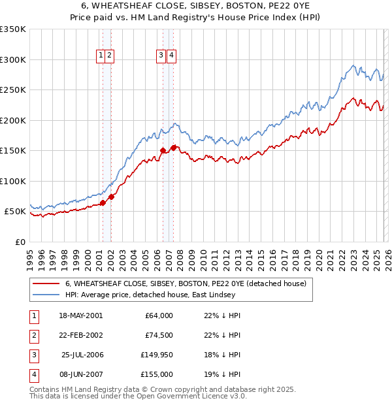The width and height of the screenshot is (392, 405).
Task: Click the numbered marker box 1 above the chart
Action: click(101, 56)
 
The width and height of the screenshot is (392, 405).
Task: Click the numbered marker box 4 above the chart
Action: click(171, 56)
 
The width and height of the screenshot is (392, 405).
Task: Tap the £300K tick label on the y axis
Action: click(13, 59)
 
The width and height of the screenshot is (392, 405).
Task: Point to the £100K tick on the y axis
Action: click(13, 181)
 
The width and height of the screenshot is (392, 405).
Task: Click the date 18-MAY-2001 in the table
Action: click(80, 316)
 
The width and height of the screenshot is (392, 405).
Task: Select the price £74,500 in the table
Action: click(159, 335)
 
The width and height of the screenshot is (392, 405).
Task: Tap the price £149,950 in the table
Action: click(157, 355)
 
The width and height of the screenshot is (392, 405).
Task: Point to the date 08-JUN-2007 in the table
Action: click(80, 374)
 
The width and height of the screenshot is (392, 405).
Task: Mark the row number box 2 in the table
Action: click(33, 335)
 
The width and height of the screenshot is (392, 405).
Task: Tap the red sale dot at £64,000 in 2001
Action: click(103, 203)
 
